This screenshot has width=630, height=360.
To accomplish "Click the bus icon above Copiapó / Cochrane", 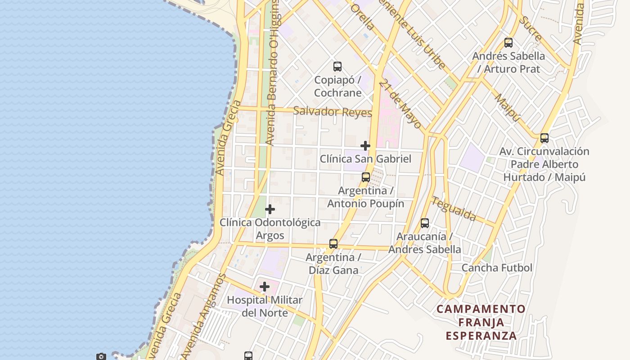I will (337, 67).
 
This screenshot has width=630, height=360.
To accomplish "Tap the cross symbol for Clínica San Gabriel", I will (365, 146).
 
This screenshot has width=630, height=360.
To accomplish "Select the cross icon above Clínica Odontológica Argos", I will (270, 209).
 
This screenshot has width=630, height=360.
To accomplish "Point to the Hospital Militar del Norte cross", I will (265, 287).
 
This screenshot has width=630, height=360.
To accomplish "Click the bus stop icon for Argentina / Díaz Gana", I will (333, 244).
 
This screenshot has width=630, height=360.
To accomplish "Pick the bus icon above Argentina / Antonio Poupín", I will (366, 177).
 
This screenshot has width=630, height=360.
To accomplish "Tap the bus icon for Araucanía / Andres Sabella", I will (425, 223).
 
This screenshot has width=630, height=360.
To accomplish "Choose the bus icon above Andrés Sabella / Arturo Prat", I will (508, 43).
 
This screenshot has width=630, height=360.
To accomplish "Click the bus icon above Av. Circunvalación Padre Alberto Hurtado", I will (544, 138).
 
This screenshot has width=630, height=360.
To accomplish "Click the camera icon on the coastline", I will (101, 356).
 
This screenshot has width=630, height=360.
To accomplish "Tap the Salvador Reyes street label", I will (333, 112).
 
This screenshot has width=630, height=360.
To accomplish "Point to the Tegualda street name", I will (454, 209).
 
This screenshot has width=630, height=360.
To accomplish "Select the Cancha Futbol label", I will (497, 268).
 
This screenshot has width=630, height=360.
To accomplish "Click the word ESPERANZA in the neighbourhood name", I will (481, 336).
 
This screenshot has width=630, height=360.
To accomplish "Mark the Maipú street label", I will (507, 107).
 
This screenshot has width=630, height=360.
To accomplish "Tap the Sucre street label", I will (530, 28).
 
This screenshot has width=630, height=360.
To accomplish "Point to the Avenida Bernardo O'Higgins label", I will (273, 72).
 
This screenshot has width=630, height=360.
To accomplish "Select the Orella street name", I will (361, 17).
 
